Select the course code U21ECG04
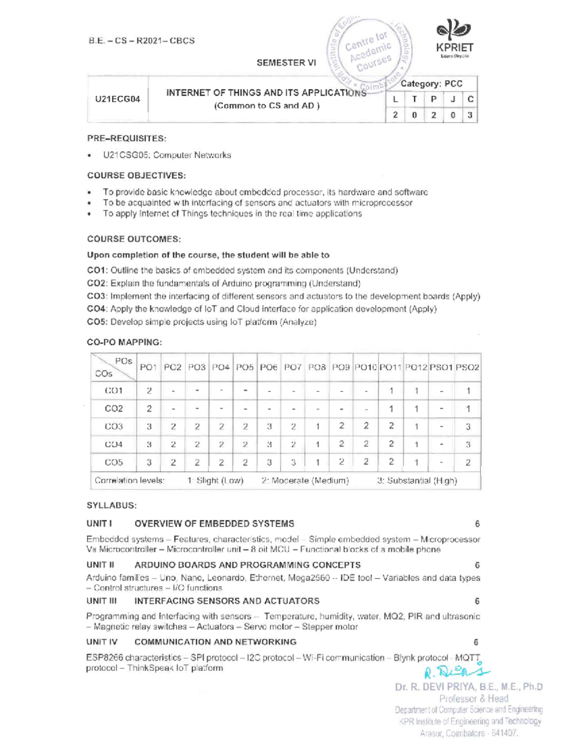(x=118, y=100)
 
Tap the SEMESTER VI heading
(x=286, y=63)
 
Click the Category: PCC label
(x=431, y=84)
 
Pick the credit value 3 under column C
(x=470, y=115)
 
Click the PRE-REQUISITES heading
(x=126, y=139)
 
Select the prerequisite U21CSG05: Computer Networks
(x=166, y=155)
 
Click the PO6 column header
(x=269, y=367)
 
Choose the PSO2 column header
(x=467, y=367)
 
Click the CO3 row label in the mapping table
(x=113, y=426)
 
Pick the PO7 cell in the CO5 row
(x=293, y=462)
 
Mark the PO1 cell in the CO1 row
(x=149, y=390)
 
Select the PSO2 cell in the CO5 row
(x=468, y=462)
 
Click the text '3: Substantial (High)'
(x=417, y=480)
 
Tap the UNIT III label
(x=101, y=601)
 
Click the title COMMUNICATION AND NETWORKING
(x=215, y=642)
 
